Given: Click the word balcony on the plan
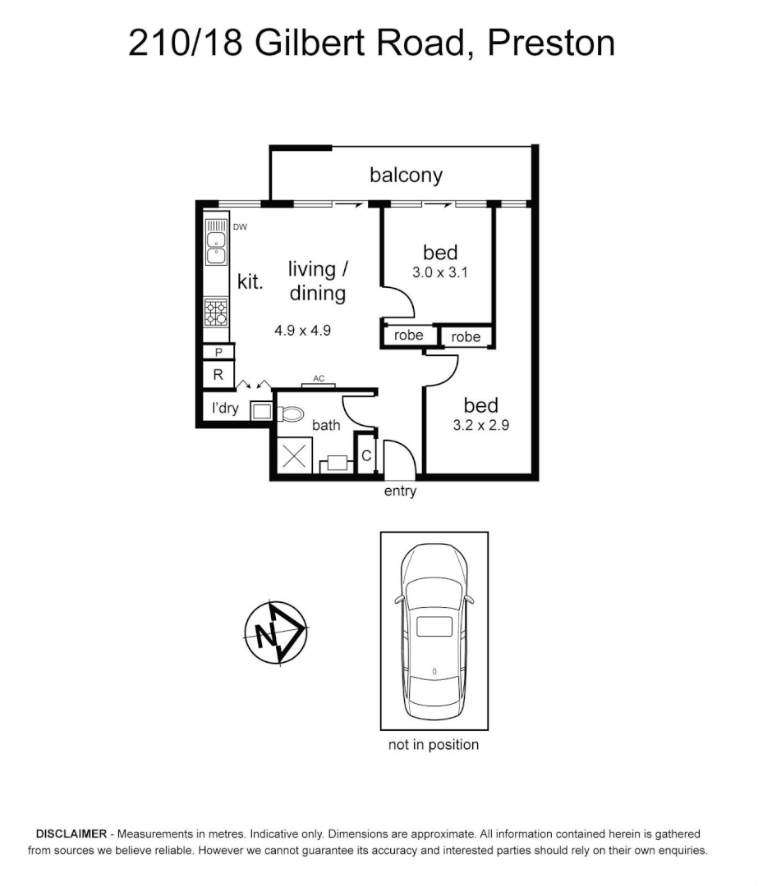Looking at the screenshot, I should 406,175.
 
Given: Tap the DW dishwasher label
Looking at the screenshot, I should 240,226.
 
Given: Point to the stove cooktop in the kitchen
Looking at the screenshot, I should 217,312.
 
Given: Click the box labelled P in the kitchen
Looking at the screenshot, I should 218,352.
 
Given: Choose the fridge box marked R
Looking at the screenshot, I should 218,375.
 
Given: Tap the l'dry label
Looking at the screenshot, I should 224,408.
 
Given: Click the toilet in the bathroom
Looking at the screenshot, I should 290,413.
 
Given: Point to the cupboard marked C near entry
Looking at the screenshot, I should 366,456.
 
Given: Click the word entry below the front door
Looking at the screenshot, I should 400,491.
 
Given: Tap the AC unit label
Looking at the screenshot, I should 319,378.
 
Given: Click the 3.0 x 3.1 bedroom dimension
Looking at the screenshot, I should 439,273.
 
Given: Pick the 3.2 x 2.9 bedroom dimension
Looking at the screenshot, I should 480,426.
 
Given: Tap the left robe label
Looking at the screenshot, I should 408,336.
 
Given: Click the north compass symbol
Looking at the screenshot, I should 276,634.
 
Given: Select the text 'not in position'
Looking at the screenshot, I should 433,745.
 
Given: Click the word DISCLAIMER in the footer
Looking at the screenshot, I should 71,833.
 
